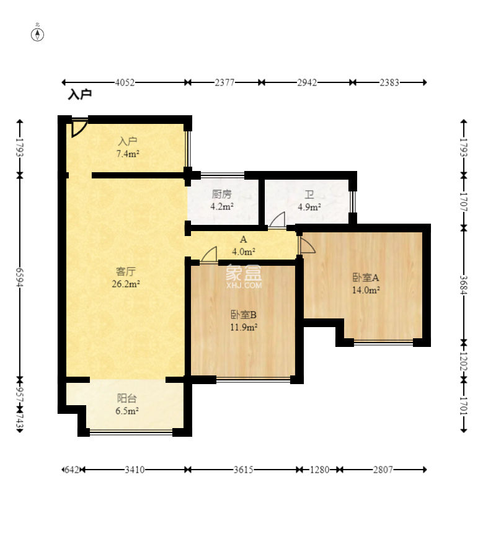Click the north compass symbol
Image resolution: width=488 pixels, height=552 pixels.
37,35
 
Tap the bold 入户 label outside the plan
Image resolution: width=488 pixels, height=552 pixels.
80,94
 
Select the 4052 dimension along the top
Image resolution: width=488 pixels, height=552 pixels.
125,82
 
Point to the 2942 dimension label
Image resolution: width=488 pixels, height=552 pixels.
307,82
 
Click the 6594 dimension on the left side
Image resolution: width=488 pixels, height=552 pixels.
20,277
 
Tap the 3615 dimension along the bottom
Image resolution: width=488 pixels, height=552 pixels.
243,470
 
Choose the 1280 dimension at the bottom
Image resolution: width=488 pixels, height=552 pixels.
319,470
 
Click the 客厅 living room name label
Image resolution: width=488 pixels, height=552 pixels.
126,271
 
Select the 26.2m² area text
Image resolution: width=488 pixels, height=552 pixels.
126,284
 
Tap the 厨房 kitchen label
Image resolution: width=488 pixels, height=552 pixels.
221,194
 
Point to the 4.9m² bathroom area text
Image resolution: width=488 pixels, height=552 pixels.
309,207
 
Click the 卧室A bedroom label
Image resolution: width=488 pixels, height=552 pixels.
366,278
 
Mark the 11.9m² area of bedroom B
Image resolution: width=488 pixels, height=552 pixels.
244,327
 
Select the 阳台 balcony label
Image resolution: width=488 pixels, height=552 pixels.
127,398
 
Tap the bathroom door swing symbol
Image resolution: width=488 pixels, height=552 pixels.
277,221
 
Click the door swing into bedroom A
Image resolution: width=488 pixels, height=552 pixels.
306,245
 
